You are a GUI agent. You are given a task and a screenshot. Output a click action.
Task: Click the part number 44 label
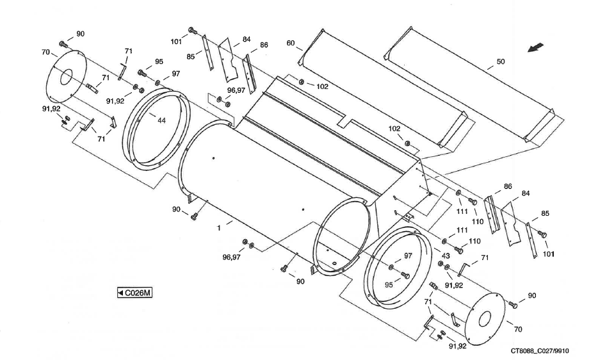(x=162, y=120)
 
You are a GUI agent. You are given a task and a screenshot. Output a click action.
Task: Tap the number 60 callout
(x=290, y=43)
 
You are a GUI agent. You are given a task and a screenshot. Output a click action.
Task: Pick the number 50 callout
(x=501, y=62)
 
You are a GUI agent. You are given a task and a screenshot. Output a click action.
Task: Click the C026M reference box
(x=134, y=293)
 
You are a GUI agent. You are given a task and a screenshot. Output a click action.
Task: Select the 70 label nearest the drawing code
(x=518, y=329)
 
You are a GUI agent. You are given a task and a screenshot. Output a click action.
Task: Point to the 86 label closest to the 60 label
(x=264, y=45)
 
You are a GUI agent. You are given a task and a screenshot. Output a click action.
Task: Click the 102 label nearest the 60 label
(x=322, y=86)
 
